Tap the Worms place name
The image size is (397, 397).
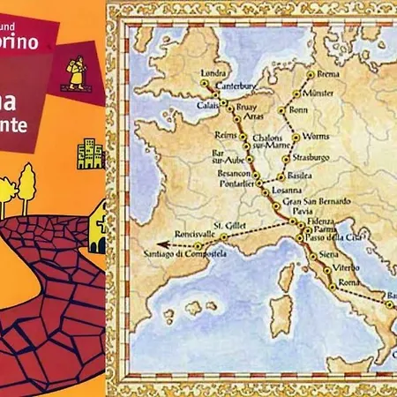315,137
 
